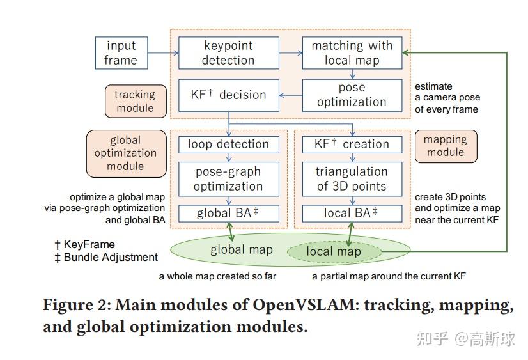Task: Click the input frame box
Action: [121, 53]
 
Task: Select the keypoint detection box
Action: [228, 53]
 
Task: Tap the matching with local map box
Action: [352, 53]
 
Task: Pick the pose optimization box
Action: [352, 95]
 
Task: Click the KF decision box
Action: [228, 95]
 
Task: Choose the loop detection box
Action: [228, 145]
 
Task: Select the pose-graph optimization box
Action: [228, 178]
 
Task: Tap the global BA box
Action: [228, 213]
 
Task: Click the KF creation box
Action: [352, 145]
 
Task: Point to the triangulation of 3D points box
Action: [352, 178]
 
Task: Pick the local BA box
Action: [352, 213]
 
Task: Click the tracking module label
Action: [135, 101]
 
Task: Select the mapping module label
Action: [446, 146]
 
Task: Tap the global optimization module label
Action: [125, 153]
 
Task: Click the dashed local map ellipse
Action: [333, 252]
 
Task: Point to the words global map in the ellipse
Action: [242, 250]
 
